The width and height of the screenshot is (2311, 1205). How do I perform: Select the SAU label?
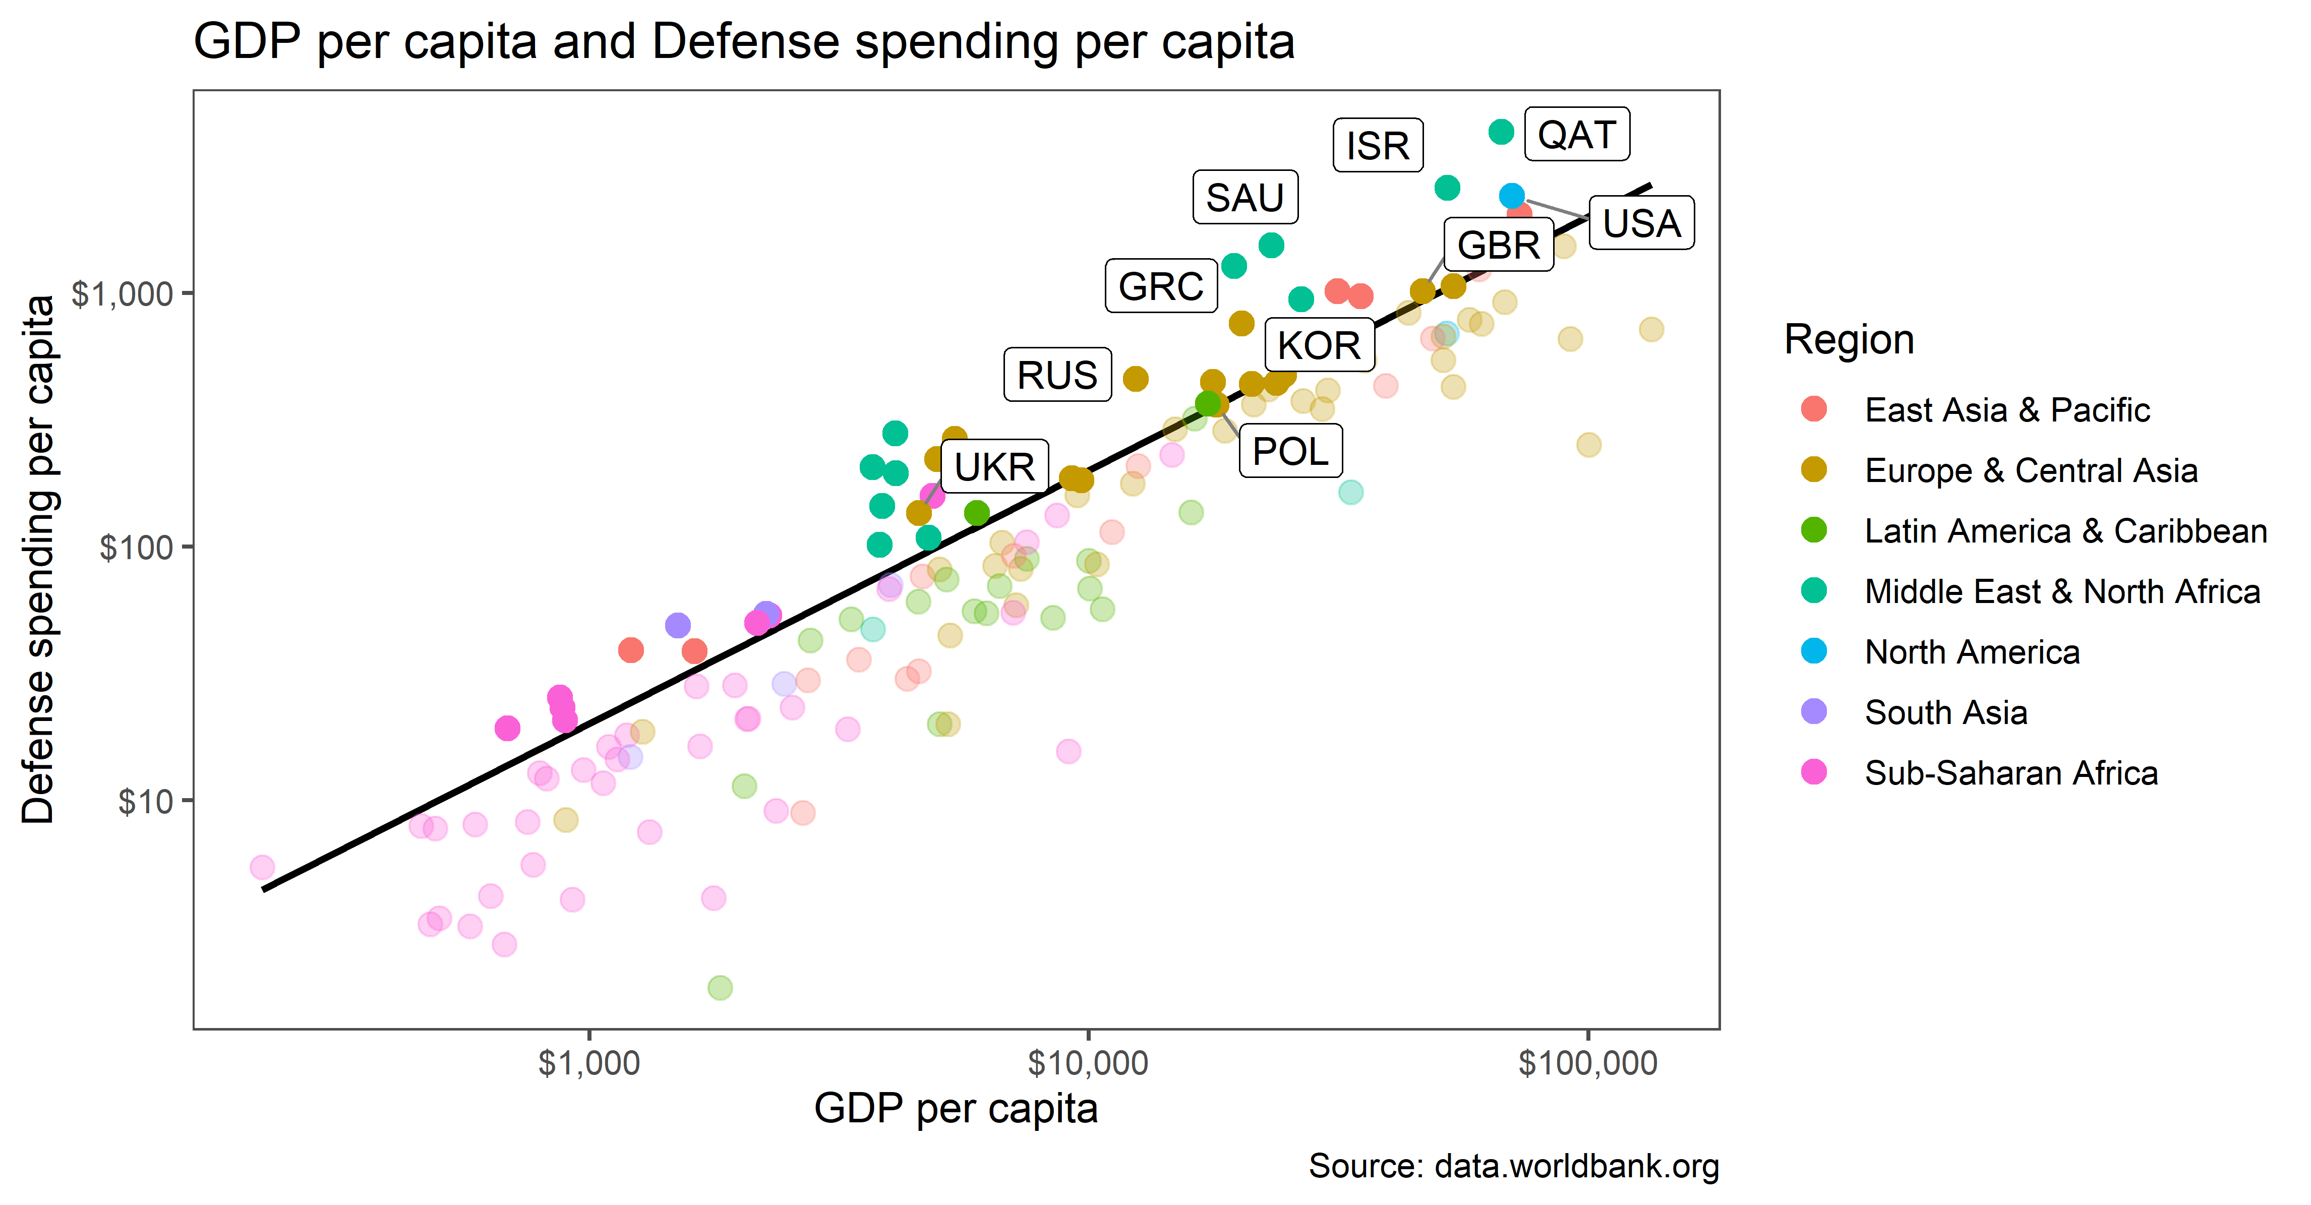click(x=1245, y=198)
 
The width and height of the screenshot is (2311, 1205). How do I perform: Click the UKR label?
click(x=994, y=466)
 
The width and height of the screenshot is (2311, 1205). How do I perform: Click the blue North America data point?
click(x=1512, y=196)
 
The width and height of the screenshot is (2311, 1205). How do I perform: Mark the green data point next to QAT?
click(x=1501, y=132)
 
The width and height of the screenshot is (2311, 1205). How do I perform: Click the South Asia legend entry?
click(x=1945, y=712)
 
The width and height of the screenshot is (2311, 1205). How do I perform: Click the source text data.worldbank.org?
click(x=1513, y=1166)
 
